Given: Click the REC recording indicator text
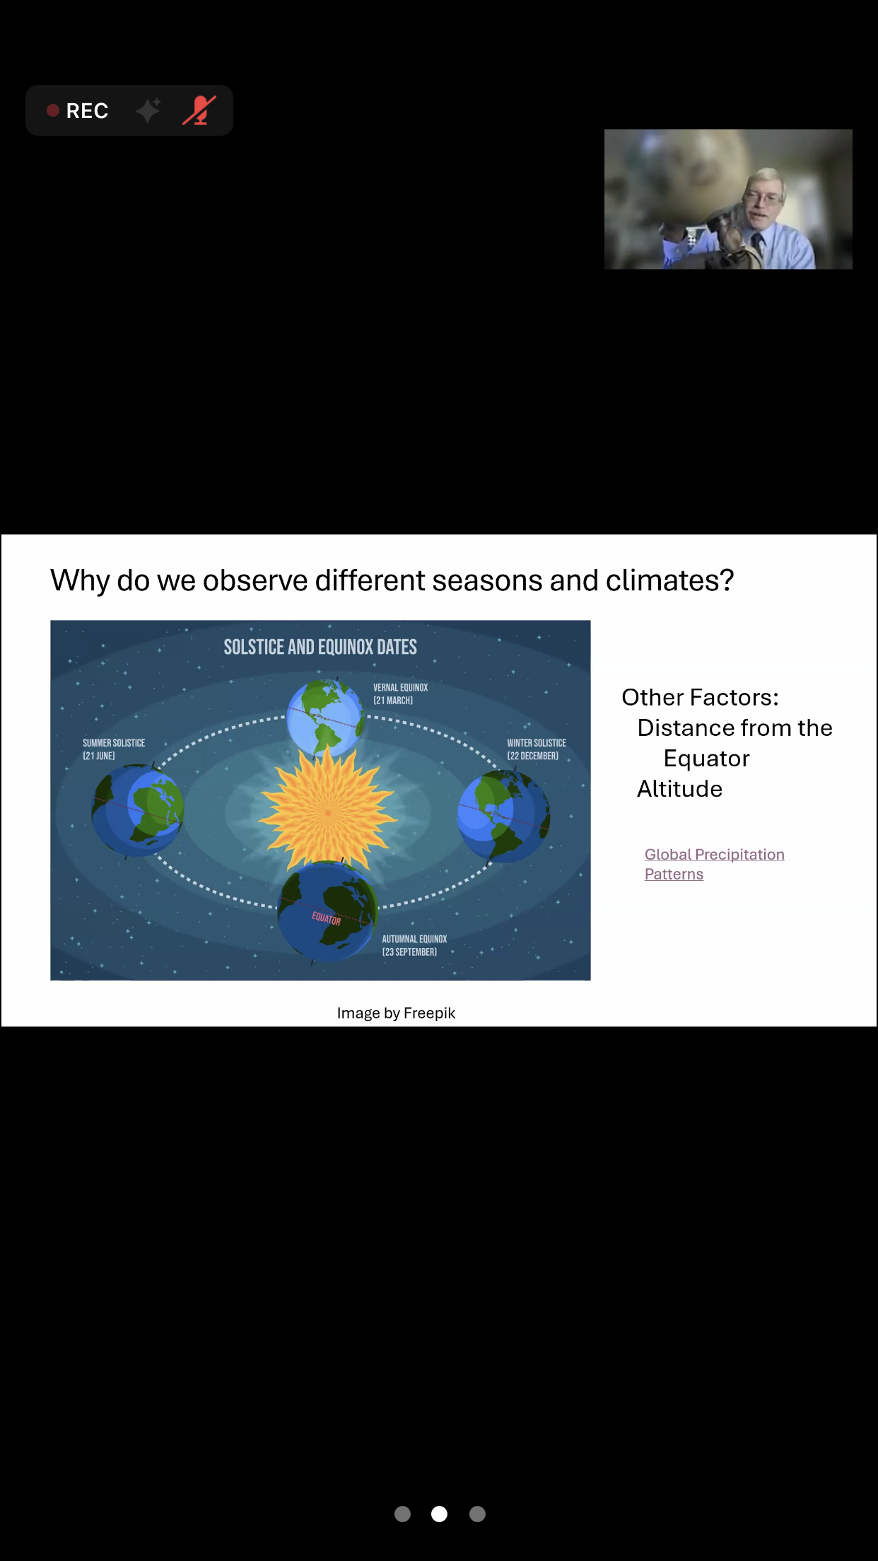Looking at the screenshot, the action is [x=87, y=111].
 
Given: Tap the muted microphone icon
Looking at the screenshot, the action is [x=199, y=110].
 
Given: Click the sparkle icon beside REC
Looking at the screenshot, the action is [x=148, y=110].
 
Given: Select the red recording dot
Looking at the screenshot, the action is [x=52, y=110].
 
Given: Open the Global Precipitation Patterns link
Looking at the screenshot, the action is [x=714, y=864].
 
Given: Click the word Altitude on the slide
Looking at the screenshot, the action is [x=679, y=788].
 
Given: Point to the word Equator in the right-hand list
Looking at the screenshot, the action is [x=706, y=759].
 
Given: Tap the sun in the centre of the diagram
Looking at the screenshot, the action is [x=327, y=812].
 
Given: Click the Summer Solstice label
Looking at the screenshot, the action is [x=114, y=749].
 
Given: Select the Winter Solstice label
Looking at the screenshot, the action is [x=537, y=749].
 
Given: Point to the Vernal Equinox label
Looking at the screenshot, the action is [x=400, y=694].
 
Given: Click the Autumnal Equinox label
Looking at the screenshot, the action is [x=414, y=945].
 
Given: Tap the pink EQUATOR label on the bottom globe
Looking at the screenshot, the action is [x=326, y=918].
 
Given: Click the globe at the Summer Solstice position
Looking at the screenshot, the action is [x=137, y=810].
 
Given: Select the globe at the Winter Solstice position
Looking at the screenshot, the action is [x=503, y=816].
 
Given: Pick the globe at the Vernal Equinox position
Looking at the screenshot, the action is [x=326, y=718].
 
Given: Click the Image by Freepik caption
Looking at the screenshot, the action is [x=396, y=1013].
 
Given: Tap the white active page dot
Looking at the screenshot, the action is [x=439, y=1514].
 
